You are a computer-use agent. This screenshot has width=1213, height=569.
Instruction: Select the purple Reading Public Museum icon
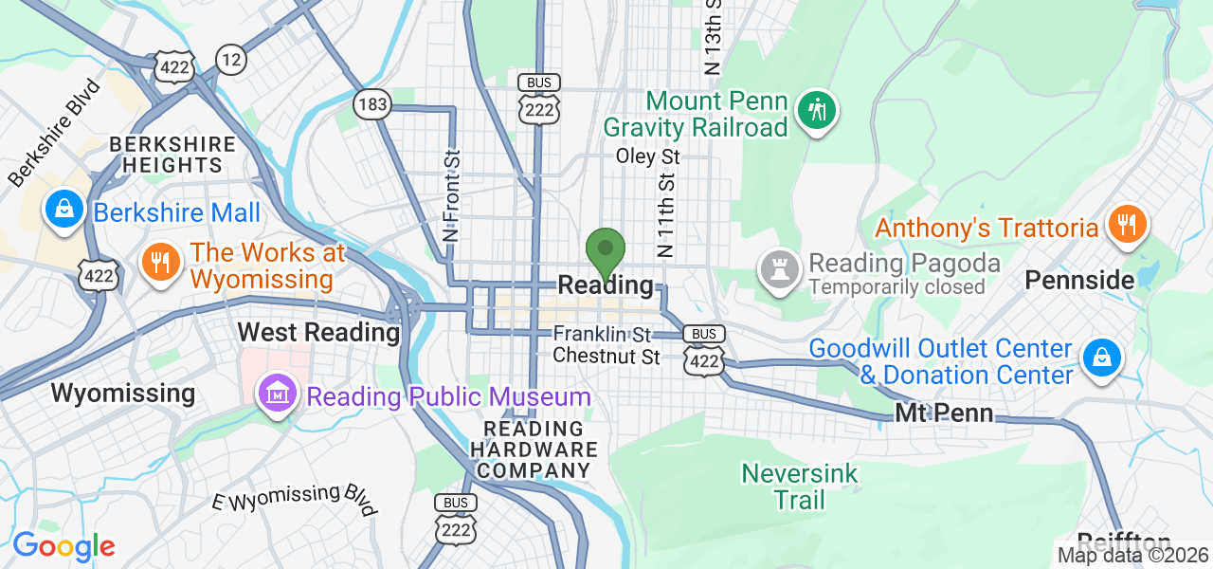(x=277, y=395)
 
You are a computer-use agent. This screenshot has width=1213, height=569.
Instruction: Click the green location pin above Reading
(x=605, y=251)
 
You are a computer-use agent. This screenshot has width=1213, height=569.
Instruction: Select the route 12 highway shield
(x=230, y=60)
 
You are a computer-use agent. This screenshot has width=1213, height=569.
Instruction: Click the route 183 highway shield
(x=372, y=104)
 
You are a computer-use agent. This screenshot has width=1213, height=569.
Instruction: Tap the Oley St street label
(x=648, y=155)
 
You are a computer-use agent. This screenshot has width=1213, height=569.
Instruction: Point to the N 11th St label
(x=666, y=214)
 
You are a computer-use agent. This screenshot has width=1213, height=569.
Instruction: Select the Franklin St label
(x=602, y=334)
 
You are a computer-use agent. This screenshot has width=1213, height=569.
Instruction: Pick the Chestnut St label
(x=606, y=357)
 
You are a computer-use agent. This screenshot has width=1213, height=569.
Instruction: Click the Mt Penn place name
(x=944, y=413)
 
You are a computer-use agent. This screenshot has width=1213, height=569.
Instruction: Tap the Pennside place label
(x=1079, y=280)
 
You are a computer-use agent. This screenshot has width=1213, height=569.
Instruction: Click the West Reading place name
(x=318, y=333)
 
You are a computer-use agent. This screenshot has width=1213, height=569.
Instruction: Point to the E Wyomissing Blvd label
(x=294, y=499)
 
